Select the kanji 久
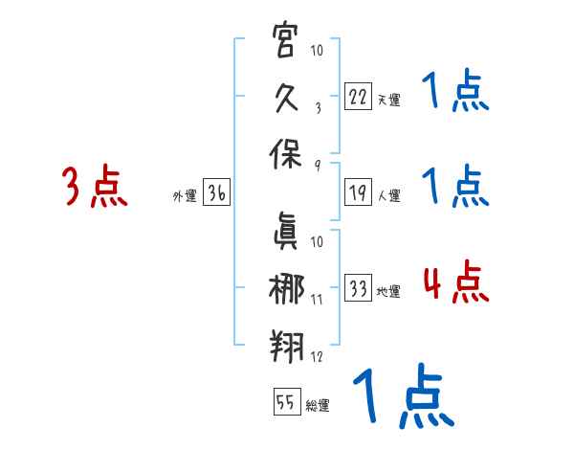[287, 100]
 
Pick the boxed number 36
[216, 193]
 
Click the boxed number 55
[286, 403]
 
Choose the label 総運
[318, 406]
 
